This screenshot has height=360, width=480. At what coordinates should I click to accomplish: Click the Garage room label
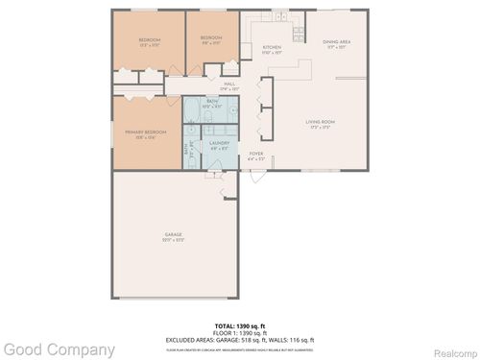(173, 236)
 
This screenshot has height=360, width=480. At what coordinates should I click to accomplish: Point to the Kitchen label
(272, 50)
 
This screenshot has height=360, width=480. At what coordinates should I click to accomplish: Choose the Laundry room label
(220, 144)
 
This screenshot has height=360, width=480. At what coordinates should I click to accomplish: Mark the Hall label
(230, 86)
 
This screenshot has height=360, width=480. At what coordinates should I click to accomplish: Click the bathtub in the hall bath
(195, 111)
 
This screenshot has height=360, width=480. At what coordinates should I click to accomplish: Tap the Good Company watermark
(58, 349)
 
